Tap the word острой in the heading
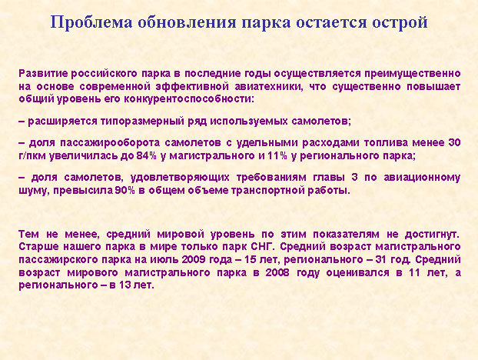click(x=400, y=23)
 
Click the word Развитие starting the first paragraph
click(x=43, y=74)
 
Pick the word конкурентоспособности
click(x=188, y=99)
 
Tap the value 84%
click(x=146, y=156)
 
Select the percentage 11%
click(x=277, y=156)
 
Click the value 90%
click(x=125, y=190)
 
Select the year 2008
click(x=277, y=272)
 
